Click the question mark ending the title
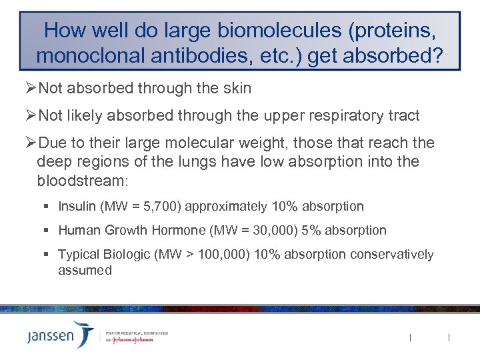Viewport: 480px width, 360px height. [x=435, y=55]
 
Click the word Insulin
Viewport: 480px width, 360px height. [x=77, y=206]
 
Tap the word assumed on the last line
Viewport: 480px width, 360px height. [x=85, y=270]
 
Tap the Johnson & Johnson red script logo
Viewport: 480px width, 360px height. [x=130, y=339]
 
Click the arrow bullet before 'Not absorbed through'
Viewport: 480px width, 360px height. [x=31, y=89]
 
